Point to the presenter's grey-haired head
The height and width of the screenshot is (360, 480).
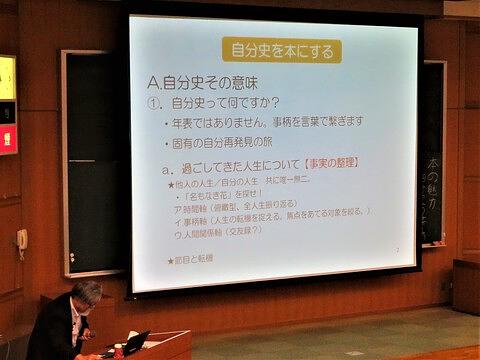pyautogui.click(x=86, y=295)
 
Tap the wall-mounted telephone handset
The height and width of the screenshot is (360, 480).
pyautogui.click(x=21, y=241)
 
